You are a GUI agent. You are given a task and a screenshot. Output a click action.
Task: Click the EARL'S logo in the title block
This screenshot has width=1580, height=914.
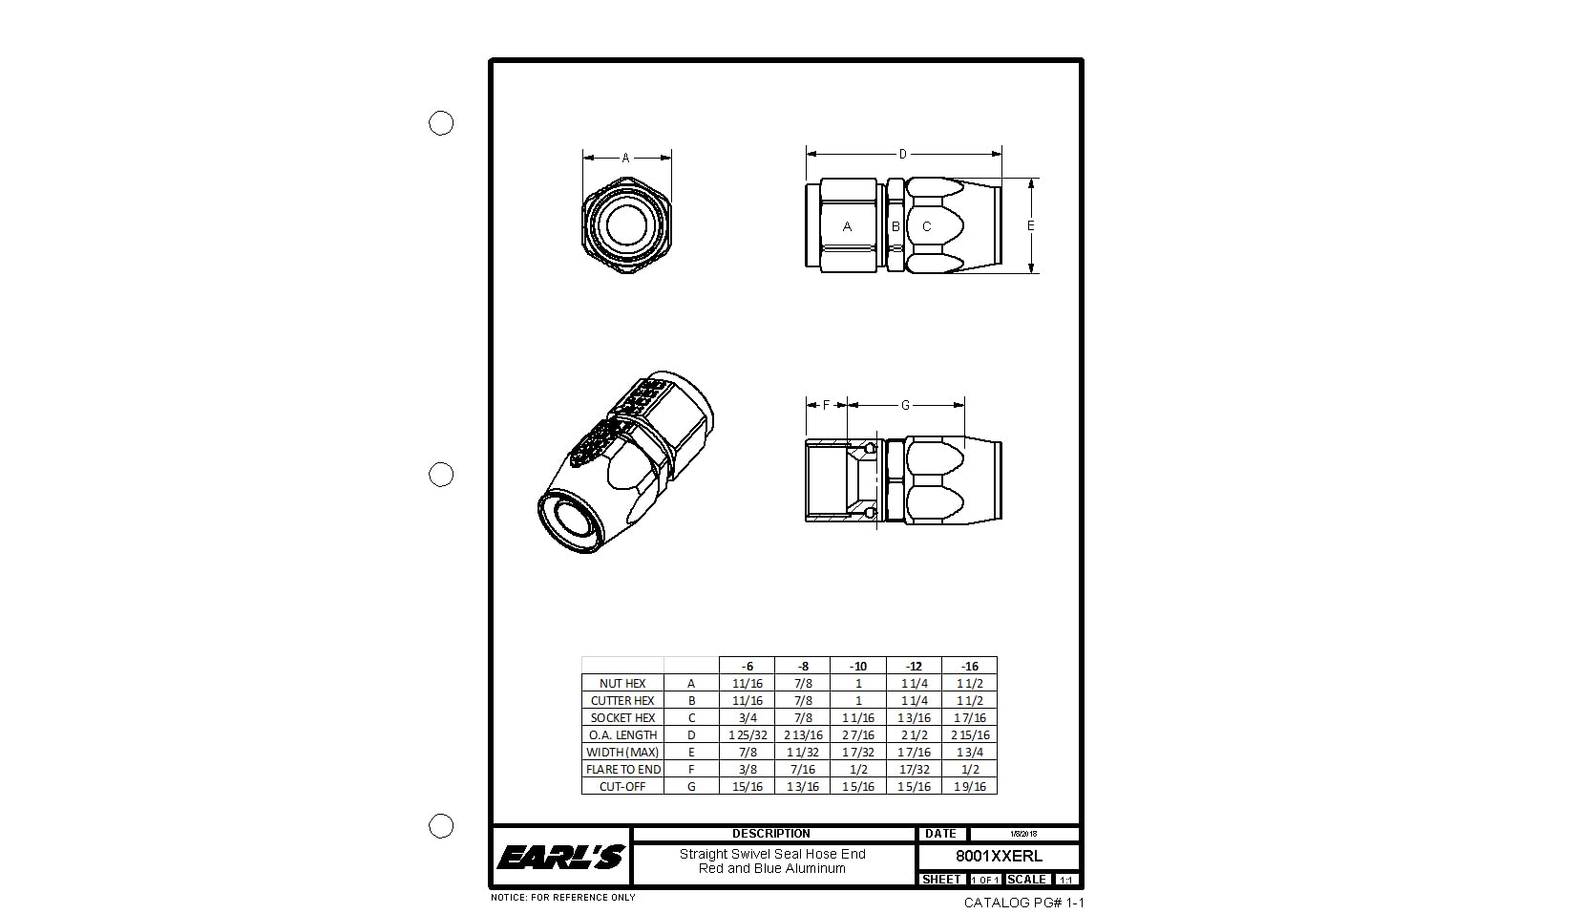560,857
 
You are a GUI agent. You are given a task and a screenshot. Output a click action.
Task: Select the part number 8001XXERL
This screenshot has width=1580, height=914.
999,857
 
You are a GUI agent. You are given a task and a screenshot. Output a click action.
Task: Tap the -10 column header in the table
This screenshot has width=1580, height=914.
857,666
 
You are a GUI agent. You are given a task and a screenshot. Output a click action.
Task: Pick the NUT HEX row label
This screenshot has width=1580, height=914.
622,684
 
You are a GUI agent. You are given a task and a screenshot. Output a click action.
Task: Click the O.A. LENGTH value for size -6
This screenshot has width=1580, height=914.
747,735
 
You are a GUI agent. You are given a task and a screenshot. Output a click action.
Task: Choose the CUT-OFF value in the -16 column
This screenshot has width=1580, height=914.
969,787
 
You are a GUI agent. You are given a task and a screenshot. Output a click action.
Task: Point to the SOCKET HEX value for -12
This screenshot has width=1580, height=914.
914,718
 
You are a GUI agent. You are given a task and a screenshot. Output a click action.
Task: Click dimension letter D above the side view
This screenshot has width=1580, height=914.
903,154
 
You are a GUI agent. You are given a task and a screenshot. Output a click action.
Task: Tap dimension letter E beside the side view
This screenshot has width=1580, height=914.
1031,226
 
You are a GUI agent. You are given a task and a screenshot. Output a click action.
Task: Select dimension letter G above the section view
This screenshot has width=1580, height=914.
905,406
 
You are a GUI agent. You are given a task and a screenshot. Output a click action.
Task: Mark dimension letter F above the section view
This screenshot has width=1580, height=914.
827,406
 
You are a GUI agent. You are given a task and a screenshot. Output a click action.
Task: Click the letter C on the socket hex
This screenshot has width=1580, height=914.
926,227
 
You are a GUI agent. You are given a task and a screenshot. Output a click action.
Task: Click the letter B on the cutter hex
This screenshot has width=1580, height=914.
895,227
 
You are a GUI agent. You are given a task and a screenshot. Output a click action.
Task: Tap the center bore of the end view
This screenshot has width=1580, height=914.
627,226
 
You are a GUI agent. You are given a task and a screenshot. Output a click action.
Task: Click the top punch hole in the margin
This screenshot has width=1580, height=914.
441,123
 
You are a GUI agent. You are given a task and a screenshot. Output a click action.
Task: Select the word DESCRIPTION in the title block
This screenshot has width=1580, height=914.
771,834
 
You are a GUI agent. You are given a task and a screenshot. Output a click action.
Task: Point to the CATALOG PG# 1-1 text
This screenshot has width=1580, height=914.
1023,903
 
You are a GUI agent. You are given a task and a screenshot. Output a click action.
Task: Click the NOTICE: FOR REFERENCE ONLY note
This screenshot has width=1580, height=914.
562,898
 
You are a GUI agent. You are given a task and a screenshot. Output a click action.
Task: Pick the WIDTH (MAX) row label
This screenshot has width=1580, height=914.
622,753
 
